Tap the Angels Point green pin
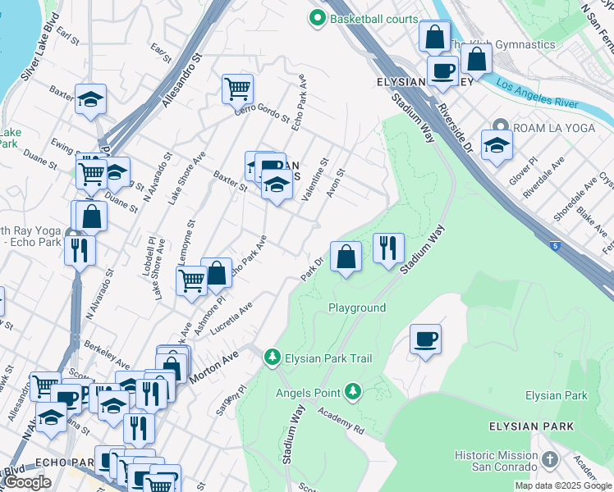click(353, 392)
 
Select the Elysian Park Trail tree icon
click(272, 358)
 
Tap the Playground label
click(357, 308)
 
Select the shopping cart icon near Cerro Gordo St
click(237, 88)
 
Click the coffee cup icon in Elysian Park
click(425, 339)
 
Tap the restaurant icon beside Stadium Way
click(388, 247)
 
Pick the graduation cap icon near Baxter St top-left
click(90, 100)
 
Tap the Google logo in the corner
click(28, 482)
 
